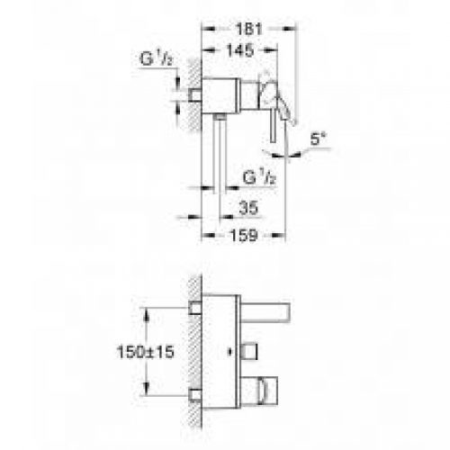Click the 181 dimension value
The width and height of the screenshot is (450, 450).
click(249, 29)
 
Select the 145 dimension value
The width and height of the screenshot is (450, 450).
click(240, 50)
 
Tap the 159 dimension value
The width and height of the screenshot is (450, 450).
click(244, 235)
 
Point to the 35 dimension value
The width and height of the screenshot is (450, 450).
click(248, 208)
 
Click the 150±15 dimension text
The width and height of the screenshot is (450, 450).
click(145, 352)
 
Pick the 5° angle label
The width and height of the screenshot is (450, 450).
click(318, 139)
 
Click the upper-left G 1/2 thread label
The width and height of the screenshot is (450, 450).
click(157, 58)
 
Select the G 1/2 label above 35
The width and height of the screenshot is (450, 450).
click(259, 177)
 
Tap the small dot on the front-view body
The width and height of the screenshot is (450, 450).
click(230, 351)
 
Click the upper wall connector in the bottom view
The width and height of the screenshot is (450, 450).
click(195, 308)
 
